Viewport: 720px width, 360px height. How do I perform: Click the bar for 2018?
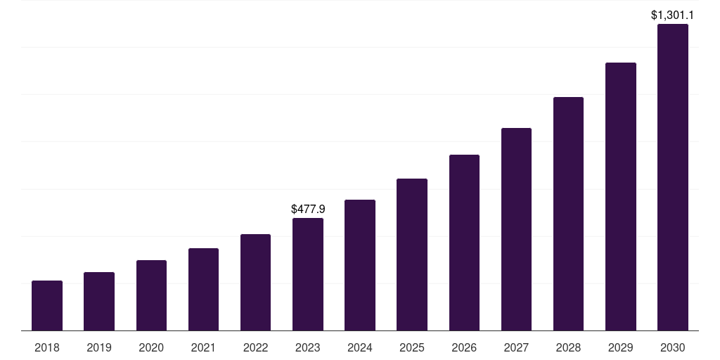pyautogui.click(x=47, y=306)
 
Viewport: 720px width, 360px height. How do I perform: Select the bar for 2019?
pyautogui.click(x=99, y=302)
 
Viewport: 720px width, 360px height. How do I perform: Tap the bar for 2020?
pyautogui.click(x=151, y=295)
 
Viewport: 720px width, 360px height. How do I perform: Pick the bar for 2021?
pyautogui.click(x=203, y=290)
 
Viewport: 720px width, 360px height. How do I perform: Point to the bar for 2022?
pyautogui.click(x=255, y=283)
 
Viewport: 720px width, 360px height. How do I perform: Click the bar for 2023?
pyautogui.click(x=308, y=274)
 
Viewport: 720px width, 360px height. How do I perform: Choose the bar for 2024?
pyautogui.click(x=360, y=265)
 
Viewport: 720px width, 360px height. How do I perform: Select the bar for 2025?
pyautogui.click(x=412, y=255)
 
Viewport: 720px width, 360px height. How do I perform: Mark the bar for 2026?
pyautogui.click(x=464, y=243)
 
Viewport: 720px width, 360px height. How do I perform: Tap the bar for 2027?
pyautogui.click(x=516, y=229)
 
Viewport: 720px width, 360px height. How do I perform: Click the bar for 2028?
pyautogui.click(x=568, y=214)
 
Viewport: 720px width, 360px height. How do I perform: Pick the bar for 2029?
pyautogui.click(x=621, y=197)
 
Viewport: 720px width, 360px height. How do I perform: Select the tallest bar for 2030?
pyautogui.click(x=673, y=177)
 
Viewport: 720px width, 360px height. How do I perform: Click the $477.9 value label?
pyautogui.click(x=308, y=209)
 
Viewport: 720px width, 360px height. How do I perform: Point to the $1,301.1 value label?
pyautogui.click(x=673, y=15)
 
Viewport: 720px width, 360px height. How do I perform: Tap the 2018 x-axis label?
pyautogui.click(x=47, y=347)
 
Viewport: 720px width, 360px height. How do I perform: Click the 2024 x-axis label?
pyautogui.click(x=360, y=347)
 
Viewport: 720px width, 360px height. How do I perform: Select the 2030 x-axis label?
pyautogui.click(x=673, y=347)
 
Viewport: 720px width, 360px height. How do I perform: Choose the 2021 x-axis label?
pyautogui.click(x=203, y=347)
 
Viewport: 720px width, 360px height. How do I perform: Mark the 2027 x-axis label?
pyautogui.click(x=516, y=347)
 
